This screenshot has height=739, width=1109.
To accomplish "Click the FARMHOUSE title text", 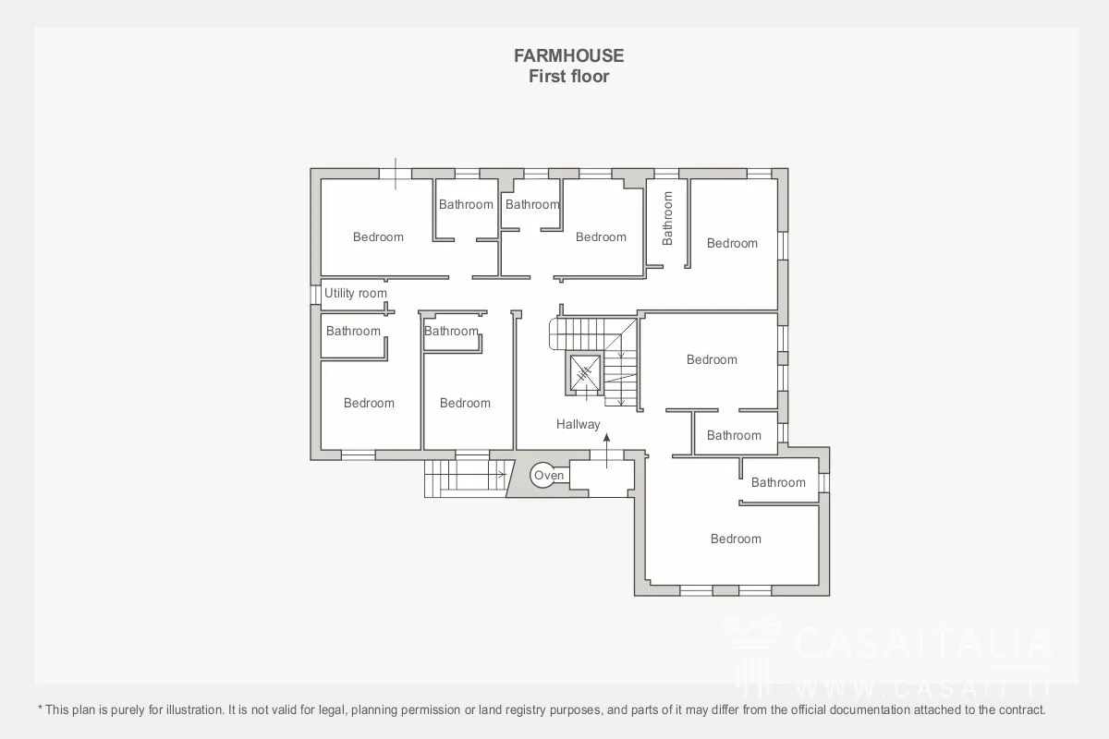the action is (569, 55).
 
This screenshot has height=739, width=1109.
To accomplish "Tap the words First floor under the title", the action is (569, 77).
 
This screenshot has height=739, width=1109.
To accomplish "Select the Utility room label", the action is (356, 293).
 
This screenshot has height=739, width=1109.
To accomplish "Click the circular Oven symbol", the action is (543, 475).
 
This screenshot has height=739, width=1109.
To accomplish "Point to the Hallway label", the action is (579, 424).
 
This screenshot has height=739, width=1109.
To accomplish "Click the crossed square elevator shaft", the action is (585, 372).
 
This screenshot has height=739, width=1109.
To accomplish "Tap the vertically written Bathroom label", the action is (667, 218).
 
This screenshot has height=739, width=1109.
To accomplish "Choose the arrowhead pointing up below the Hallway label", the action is (606, 438).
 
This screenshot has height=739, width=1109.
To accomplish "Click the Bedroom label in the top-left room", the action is (378, 237).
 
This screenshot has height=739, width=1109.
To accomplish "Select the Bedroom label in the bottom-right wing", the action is (736, 539).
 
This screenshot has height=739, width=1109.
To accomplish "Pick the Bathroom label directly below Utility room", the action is (353, 331).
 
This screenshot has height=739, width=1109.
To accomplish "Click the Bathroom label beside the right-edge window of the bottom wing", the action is (778, 482).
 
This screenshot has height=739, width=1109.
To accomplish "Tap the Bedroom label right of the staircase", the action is (712, 359).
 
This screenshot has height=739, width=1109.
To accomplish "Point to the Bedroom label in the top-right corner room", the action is (732, 243).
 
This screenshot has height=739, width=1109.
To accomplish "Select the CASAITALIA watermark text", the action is (923, 643).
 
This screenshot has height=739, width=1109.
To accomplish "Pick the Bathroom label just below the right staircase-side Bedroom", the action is (734, 435).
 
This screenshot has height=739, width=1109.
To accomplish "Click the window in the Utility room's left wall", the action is (315, 295).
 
